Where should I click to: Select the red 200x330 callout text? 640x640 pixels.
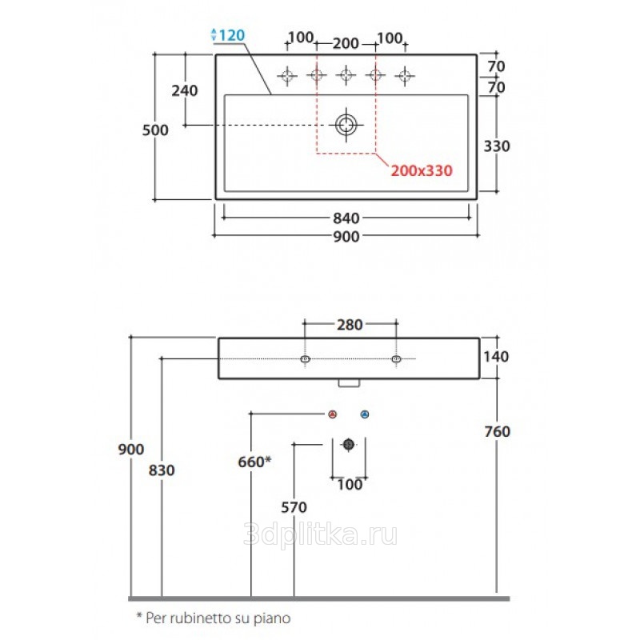point(422,170)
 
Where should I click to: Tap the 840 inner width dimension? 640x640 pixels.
point(346,218)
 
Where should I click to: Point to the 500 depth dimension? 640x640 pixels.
point(155,130)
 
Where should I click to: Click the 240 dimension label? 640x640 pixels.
point(185,90)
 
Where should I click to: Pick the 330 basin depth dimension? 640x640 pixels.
point(497,146)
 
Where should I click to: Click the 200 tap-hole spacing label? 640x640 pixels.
point(346,43)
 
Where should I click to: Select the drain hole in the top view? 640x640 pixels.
point(346,125)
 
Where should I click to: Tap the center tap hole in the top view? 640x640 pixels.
point(346,75)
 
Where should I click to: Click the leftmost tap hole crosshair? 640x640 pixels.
point(287,75)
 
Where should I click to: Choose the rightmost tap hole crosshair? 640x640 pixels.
point(405,75)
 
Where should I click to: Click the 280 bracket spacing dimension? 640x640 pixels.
point(350,325)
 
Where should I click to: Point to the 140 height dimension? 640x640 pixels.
point(496,357)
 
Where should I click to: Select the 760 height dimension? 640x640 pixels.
point(497,431)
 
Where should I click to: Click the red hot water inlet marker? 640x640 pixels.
point(333,414)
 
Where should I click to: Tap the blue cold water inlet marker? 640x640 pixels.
point(365,414)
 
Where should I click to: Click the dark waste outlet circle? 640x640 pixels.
point(348,444)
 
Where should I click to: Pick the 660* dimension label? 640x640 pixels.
point(254,462)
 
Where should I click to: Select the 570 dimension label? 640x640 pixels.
point(294,507)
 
